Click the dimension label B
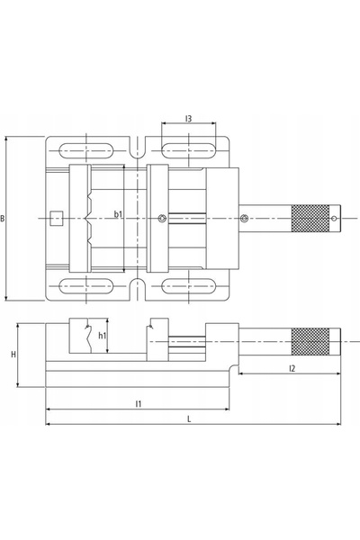click(3, 219)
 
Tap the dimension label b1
click(118, 214)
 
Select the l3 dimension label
click(188, 119)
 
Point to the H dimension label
click(13, 355)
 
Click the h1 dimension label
click(103, 336)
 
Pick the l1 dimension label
click(138, 403)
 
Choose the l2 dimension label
click(292, 368)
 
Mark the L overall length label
click(189, 419)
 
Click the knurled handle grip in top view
click(310, 219)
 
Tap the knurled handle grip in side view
click(310, 342)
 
